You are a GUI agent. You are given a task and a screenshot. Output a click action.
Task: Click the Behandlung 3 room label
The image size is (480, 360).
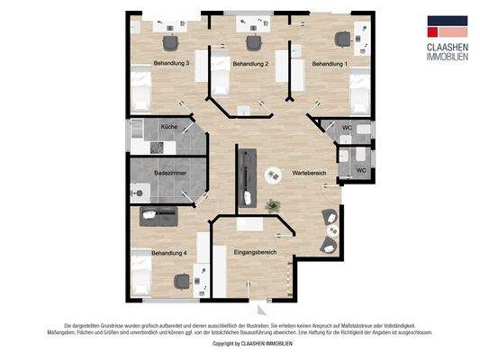tap(172, 64)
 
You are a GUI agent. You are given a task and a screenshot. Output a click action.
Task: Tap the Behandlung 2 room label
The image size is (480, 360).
tap(251, 64)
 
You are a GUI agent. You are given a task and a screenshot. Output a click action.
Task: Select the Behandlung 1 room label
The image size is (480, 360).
tap(330, 64)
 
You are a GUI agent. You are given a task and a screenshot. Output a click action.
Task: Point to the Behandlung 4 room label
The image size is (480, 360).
tap(169, 254)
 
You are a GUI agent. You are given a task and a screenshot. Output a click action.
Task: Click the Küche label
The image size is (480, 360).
tap(169, 127)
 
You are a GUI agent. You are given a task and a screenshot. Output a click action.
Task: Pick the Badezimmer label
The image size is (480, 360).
tap(170, 171)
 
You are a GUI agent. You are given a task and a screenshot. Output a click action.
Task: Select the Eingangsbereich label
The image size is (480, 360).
tap(254, 253)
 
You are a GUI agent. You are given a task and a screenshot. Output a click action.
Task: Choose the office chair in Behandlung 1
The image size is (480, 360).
tap(342, 39)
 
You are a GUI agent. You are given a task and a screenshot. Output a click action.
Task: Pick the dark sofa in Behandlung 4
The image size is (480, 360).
tap(159, 215)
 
